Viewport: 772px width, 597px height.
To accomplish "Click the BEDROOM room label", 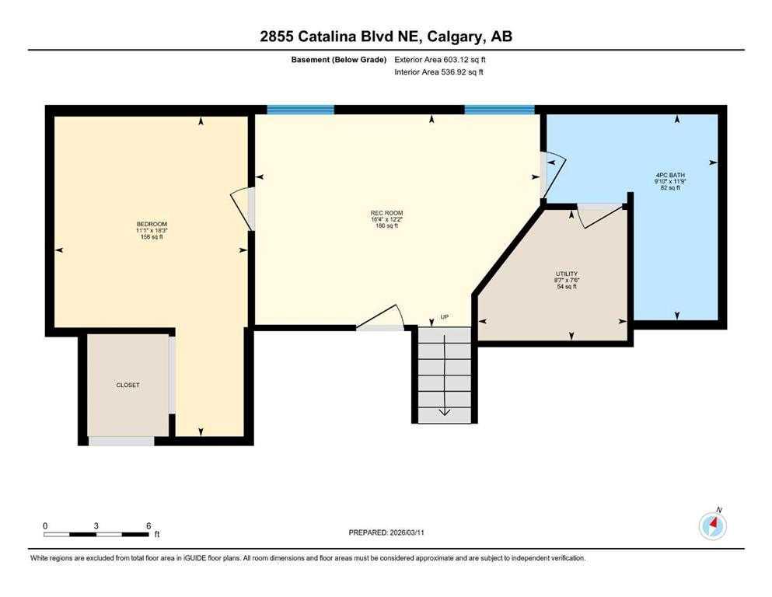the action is (x=152, y=224).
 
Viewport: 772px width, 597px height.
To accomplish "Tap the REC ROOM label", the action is (x=386, y=213).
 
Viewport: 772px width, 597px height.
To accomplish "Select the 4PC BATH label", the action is (x=670, y=175).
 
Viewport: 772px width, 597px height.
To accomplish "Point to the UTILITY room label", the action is (x=567, y=274).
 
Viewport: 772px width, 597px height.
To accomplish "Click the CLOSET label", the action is (x=128, y=385).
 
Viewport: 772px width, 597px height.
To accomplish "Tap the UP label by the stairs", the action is (x=444, y=317).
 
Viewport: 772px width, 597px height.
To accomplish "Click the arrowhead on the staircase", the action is (x=444, y=412).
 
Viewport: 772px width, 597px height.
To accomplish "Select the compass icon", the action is (x=712, y=525).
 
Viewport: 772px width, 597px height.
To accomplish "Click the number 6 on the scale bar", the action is (x=148, y=525).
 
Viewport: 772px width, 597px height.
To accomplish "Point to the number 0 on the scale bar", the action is (x=45, y=525).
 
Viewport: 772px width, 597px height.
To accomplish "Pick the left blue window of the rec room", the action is (x=300, y=110).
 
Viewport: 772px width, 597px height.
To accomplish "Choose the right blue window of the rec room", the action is (x=499, y=110).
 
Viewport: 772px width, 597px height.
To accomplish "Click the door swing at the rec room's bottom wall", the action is (x=380, y=317).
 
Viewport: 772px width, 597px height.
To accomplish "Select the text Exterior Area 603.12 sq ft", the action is (x=440, y=60).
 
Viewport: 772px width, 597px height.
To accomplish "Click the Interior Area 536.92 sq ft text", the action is (x=438, y=72).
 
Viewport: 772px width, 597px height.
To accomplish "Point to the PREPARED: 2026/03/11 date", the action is (x=386, y=532).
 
